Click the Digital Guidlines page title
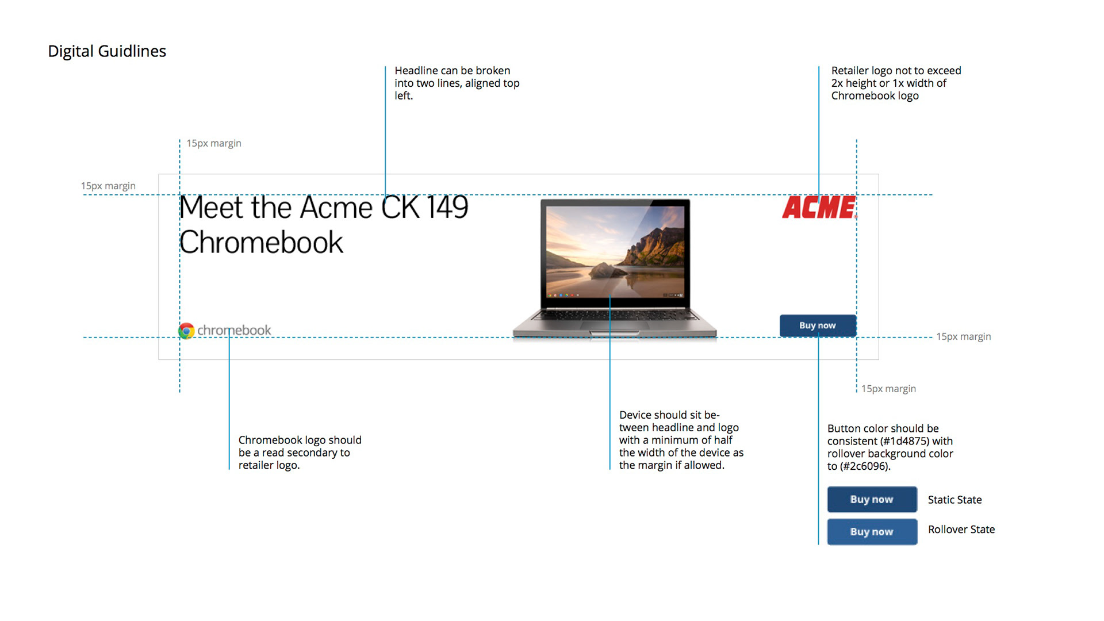tap(107, 51)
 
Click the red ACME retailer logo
tap(819, 208)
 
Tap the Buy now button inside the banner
tap(818, 325)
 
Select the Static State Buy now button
tap(872, 499)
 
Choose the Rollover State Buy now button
tap(872, 532)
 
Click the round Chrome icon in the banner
tap(186, 331)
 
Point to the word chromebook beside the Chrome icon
tap(234, 331)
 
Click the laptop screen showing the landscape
tap(615, 251)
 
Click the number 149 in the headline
tap(447, 208)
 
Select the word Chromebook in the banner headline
tap(262, 243)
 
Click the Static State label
tap(954, 500)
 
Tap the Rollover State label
tap(961, 530)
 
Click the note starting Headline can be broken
tap(457, 83)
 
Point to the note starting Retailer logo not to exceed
tap(895, 83)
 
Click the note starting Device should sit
tap(681, 440)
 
